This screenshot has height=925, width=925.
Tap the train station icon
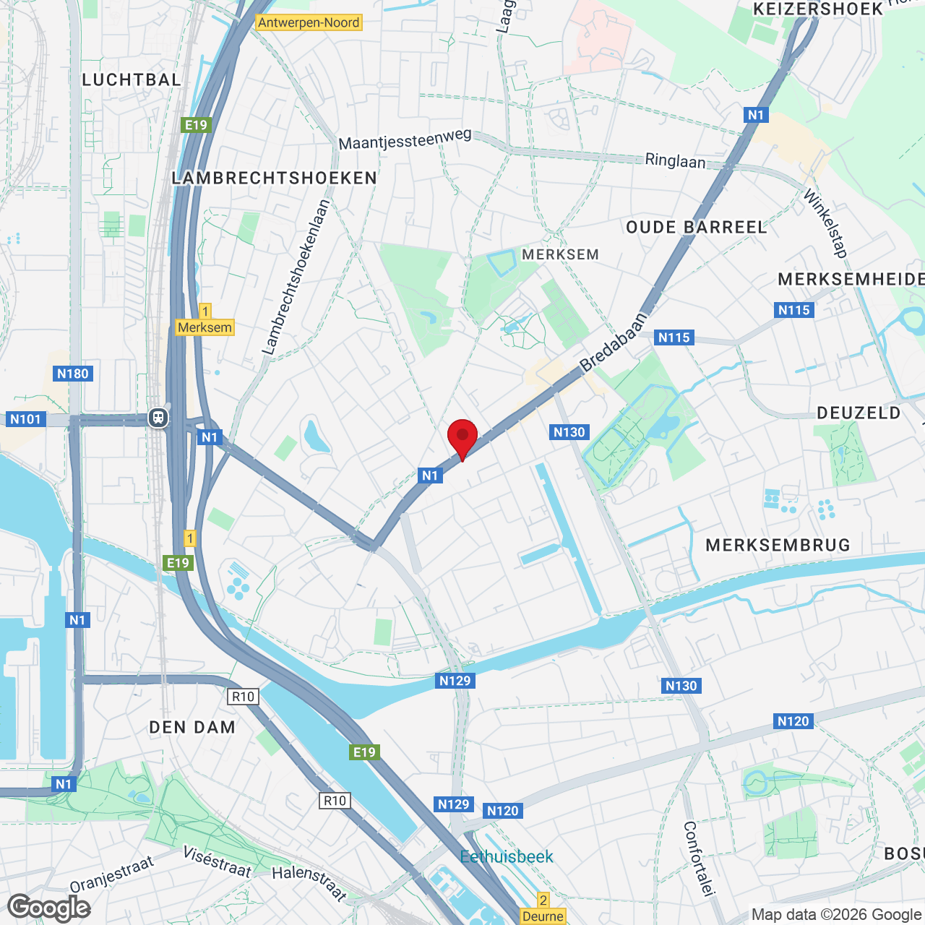(158, 418)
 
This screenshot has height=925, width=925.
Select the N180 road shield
(72, 374)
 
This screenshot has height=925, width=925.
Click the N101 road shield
(26, 419)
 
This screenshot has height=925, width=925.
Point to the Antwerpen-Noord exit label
(309, 22)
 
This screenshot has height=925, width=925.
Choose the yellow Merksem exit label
(205, 327)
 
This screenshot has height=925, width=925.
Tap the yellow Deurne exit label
(543, 916)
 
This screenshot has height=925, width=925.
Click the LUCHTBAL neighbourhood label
(132, 80)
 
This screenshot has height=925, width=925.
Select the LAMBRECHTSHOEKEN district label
(275, 178)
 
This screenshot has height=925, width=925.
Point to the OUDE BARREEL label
(697, 228)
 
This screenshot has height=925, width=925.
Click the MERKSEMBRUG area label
(778, 545)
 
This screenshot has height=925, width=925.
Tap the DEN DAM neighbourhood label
(192, 728)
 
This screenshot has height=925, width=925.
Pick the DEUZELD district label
(859, 413)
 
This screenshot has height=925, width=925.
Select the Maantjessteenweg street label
(405, 139)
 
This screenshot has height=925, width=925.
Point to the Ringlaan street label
(675, 160)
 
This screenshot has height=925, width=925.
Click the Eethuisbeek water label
(507, 857)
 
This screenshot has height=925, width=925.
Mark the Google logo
(49, 908)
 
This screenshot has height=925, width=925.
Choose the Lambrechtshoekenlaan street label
(296, 277)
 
